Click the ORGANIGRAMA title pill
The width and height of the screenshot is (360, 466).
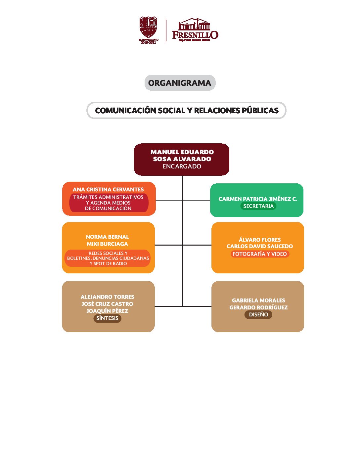[x=180, y=83]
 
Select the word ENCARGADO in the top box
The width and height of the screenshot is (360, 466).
[x=182, y=166]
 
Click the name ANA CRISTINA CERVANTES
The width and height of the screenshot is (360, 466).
[x=108, y=190]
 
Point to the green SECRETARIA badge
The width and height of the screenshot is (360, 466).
[x=258, y=206]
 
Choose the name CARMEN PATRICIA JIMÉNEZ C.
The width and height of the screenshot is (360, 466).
[x=258, y=199]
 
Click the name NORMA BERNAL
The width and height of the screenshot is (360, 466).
[x=107, y=237]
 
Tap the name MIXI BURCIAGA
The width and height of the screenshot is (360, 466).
[x=107, y=244]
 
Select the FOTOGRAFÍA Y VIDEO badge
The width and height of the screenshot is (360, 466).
[x=259, y=254]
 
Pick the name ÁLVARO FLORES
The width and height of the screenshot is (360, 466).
[x=260, y=240]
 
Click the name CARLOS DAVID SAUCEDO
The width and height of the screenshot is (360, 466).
[x=260, y=246]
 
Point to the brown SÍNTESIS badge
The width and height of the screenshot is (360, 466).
[x=107, y=318]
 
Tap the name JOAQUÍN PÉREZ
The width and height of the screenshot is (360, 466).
[x=107, y=311]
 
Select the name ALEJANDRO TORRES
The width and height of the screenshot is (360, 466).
[x=107, y=297]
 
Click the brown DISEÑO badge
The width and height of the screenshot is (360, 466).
[x=258, y=314]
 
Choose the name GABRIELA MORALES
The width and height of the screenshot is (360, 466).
[x=258, y=301]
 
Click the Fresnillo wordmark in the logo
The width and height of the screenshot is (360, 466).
[x=195, y=34]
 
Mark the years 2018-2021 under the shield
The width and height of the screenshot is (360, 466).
[x=148, y=42]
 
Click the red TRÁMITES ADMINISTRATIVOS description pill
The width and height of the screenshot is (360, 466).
[x=109, y=203]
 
